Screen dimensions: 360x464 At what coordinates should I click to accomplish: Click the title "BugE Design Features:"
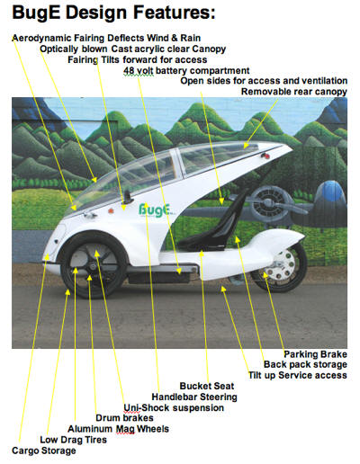coord(113,13)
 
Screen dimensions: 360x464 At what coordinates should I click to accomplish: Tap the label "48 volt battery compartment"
coord(186,71)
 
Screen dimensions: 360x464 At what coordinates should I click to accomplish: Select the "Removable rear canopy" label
coord(294,92)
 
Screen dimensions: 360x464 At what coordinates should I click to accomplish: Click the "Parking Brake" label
coord(315,354)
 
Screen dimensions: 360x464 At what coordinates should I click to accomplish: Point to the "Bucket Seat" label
coord(207,386)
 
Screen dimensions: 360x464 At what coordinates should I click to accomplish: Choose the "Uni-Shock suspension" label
coord(174,407)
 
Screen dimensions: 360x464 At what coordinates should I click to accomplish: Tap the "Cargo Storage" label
coord(44,451)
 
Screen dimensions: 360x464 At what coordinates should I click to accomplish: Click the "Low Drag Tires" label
coord(73,440)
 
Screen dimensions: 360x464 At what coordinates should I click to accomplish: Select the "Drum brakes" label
coord(124,418)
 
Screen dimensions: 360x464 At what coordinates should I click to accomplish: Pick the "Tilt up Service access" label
coord(298,375)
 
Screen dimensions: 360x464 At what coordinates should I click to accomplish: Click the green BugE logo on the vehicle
coord(156,210)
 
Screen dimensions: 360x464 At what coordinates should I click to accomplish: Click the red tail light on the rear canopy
coord(265,156)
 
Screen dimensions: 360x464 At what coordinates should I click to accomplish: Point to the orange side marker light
coord(111,211)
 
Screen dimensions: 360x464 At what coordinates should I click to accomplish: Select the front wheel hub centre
coord(93,266)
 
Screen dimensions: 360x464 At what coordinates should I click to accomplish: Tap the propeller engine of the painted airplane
coord(268,204)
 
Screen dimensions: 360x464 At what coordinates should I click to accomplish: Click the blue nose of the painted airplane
coord(331,190)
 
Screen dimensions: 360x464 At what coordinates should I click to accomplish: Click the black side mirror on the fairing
coord(128,196)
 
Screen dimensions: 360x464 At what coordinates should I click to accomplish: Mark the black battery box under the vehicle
coord(159,277)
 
